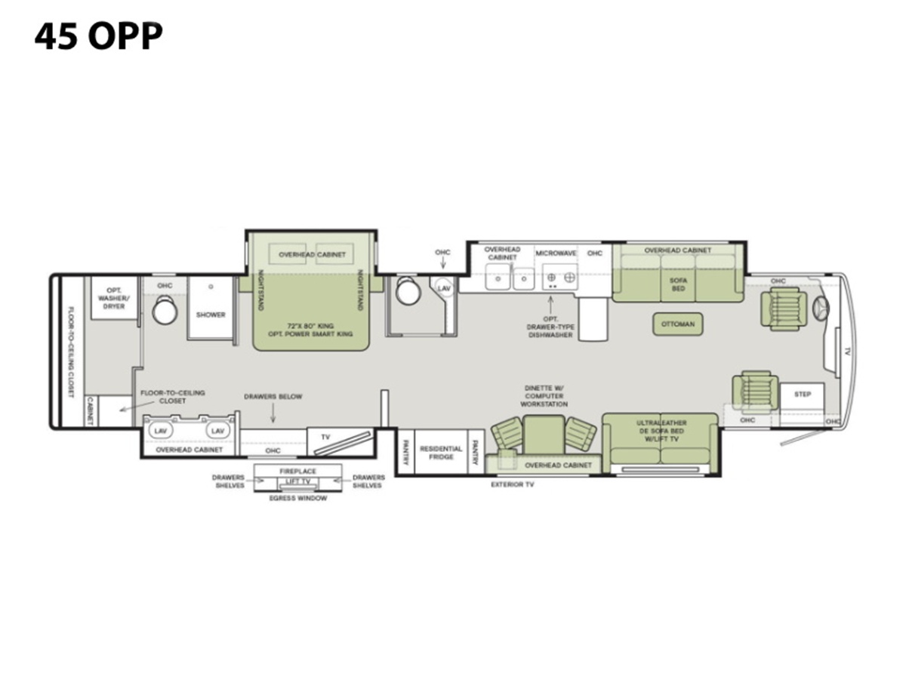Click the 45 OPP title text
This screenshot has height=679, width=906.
pyautogui.click(x=99, y=36)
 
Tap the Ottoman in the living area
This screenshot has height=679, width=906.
pyautogui.click(x=678, y=324)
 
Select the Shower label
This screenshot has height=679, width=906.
pyautogui.click(x=211, y=315)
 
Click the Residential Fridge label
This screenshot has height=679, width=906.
pyautogui.click(x=441, y=453)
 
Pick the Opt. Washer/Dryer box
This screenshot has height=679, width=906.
pyautogui.click(x=113, y=298)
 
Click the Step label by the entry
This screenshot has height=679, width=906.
pyautogui.click(x=803, y=395)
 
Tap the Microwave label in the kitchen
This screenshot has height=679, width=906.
pyautogui.click(x=556, y=253)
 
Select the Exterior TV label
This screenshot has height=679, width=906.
pyautogui.click(x=512, y=485)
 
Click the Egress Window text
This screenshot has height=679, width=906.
pyautogui.click(x=298, y=499)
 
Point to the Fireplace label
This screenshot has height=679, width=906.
pyautogui.click(x=297, y=472)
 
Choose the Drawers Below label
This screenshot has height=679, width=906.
pyautogui.click(x=273, y=397)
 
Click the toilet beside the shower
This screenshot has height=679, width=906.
pyautogui.click(x=165, y=309)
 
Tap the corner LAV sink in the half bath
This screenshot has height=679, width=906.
pyautogui.click(x=444, y=288)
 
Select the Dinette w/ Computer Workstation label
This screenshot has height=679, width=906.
pyautogui.click(x=544, y=396)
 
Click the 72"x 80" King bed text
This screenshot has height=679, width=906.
pyautogui.click(x=310, y=326)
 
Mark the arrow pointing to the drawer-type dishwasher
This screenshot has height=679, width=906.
pyautogui.click(x=550, y=304)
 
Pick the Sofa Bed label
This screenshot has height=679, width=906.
pyautogui.click(x=678, y=284)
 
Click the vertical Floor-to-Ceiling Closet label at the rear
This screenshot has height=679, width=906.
pyautogui.click(x=71, y=352)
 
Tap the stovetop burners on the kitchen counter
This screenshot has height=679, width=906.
pyautogui.click(x=560, y=278)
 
